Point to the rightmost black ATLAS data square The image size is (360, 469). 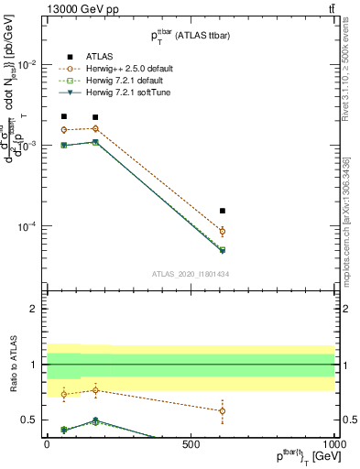tap(223, 211)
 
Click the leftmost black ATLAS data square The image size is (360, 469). tap(63, 116)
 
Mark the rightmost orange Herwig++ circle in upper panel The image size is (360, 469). tap(223, 231)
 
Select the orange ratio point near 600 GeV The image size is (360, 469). tap(223, 410)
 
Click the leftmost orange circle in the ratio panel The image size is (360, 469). tap(63, 394)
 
